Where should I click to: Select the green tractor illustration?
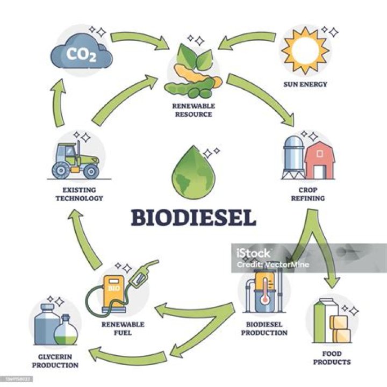coord(76,159)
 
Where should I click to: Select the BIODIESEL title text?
coord(194,218)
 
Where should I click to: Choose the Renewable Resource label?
coord(192,110)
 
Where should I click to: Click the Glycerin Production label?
coord(55,361)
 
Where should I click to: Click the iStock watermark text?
coord(254,253)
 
